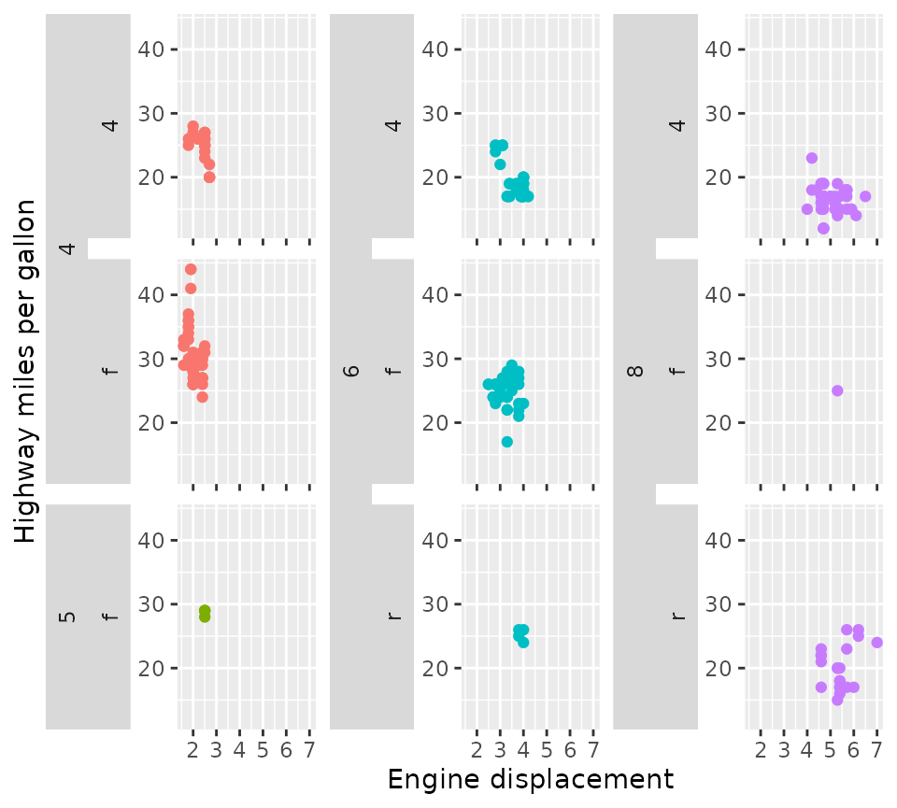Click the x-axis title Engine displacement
pos(530,780)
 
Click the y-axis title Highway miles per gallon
pos(26,371)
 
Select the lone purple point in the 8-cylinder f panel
pos(837,390)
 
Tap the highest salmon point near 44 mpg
pos(191,269)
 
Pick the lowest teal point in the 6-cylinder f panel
pos(507,442)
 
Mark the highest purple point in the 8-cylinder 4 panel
pos(812,158)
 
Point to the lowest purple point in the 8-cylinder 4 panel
pos(823,228)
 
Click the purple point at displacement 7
pos(876,643)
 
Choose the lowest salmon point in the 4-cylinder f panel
pos(203,397)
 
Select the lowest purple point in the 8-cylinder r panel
pos(837,700)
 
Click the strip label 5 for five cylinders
pos(66,617)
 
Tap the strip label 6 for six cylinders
pos(351,371)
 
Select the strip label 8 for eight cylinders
pos(635,371)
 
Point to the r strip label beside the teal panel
pos(393,617)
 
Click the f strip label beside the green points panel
pos(109,617)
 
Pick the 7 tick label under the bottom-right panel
pos(876,750)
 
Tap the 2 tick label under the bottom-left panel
pos(193,750)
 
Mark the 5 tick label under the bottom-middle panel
pos(547,750)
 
